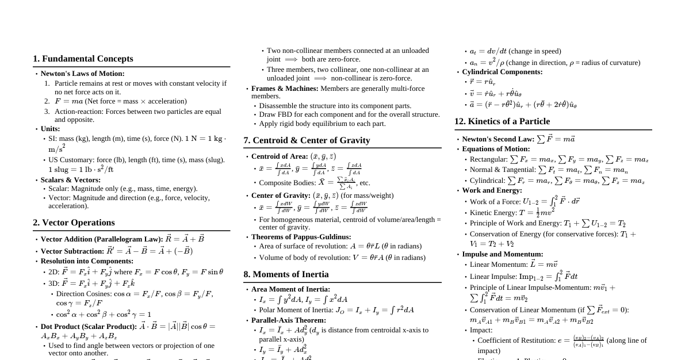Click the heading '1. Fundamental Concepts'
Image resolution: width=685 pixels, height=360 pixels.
tap(83, 59)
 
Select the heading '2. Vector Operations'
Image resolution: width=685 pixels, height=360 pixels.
tap(74, 223)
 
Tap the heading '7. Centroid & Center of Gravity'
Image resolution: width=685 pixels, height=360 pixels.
tap(307, 140)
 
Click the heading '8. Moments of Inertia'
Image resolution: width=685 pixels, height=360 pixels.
tap(286, 274)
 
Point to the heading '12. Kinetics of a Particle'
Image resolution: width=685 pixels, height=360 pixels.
tap(502, 121)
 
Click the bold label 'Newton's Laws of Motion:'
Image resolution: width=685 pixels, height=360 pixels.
tap(82, 74)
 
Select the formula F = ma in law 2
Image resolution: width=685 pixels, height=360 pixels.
tap(69, 101)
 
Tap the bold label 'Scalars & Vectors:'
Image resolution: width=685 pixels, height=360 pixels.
tap(70, 180)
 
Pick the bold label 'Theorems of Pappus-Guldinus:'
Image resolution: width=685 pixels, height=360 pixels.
tap(301, 237)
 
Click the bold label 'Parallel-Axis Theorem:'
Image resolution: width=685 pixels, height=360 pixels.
tap(288, 320)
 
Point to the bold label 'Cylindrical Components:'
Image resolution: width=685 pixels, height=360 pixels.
tap(502, 72)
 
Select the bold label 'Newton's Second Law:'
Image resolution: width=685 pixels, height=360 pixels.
tap(498, 139)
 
